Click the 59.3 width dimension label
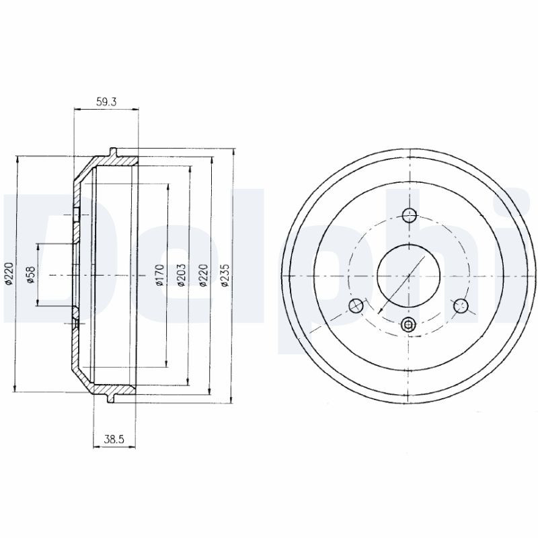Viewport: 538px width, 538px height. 106,102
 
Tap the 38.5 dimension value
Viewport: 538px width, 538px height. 114,439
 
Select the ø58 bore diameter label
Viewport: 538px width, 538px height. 31,275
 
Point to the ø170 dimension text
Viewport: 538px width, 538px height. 159,274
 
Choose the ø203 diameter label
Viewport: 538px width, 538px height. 181,274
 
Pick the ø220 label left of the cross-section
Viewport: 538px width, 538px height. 9,274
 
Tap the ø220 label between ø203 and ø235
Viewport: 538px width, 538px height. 203,275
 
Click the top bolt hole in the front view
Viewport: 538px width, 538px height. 410,215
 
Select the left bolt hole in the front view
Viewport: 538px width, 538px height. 356,306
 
